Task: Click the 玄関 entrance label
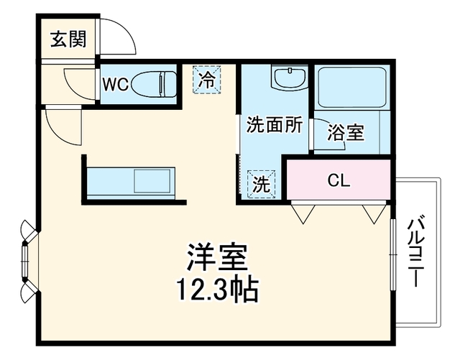(69, 39)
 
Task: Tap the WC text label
(115, 85)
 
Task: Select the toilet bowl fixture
(154, 84)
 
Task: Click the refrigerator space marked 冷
(206, 80)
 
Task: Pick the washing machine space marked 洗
(262, 185)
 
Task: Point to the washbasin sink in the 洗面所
(290, 78)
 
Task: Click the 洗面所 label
(274, 125)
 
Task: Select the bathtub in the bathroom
(352, 88)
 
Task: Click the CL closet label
(339, 180)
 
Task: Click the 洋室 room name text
(217, 257)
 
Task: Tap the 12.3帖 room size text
(217, 290)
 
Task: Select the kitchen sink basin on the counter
(152, 180)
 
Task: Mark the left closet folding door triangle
(303, 214)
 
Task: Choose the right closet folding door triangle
(374, 214)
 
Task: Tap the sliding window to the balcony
(392, 254)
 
